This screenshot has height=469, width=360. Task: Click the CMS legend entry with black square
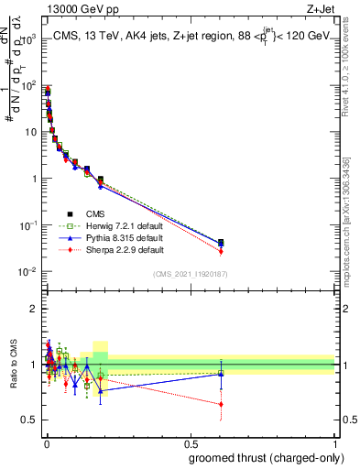pyautogui.click(x=88, y=213)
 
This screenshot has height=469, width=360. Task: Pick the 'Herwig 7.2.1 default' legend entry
pyautogui.click(x=110, y=225)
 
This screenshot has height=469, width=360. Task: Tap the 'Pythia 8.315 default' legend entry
pyautogui.click(x=110, y=237)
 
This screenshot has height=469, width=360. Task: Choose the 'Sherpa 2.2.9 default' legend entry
pyautogui.click(x=110, y=249)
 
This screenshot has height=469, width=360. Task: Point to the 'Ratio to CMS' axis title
pyautogui.click(x=13, y=364)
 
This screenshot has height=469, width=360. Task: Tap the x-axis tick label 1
pyautogui.click(x=334, y=443)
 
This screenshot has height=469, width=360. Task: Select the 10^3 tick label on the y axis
pyautogui.click(x=27, y=38)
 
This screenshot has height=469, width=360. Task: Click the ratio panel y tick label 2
pyautogui.click(x=32, y=309)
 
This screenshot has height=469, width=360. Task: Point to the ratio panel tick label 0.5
pyautogui.click(x=27, y=420)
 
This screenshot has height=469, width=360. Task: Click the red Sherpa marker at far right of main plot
pyautogui.click(x=221, y=251)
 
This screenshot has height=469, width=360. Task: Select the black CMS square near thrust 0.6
pyautogui.click(x=221, y=243)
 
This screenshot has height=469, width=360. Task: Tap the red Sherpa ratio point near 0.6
pyautogui.click(x=221, y=404)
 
